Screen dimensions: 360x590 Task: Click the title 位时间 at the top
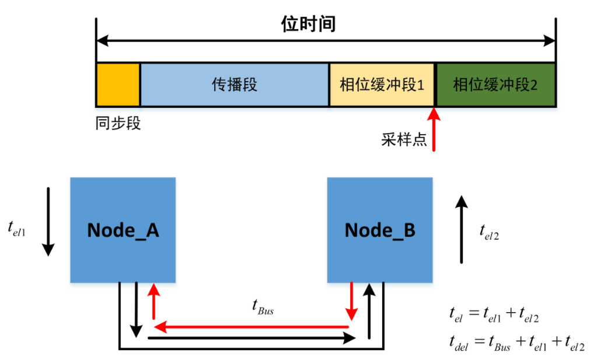308,25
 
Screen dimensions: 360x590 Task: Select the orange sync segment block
118,85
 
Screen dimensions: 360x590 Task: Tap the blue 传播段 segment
235,85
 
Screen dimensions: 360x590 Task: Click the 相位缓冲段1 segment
382,85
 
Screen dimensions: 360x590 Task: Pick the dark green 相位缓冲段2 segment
495,85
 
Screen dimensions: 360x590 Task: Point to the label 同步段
118,124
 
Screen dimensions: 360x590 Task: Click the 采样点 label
404,140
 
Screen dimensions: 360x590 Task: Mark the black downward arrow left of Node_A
48,222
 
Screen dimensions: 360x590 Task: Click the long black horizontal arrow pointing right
251,337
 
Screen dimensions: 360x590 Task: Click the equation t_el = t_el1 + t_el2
494,316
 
